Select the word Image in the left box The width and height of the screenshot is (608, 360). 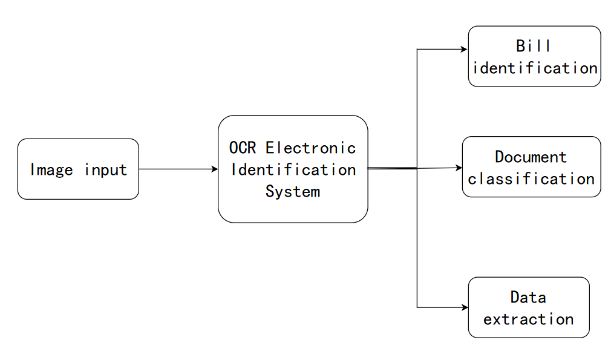pyautogui.click(x=51, y=169)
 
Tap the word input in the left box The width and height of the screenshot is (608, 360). pyautogui.click(x=106, y=170)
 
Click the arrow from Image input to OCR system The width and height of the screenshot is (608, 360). pyautogui.click(x=178, y=169)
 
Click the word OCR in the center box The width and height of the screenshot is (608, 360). pyautogui.click(x=243, y=148)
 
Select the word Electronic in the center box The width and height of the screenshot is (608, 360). pyautogui.click(x=311, y=148)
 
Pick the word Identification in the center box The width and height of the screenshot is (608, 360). pyautogui.click(x=293, y=170)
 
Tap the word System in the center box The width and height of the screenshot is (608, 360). pyautogui.click(x=293, y=192)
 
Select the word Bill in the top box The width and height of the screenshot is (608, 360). pyautogui.click(x=534, y=46)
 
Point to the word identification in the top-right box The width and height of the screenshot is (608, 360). pyautogui.click(x=535, y=68)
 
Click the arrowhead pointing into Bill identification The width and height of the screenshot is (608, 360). pyautogui.click(x=465, y=50)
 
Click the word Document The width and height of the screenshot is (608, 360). pyautogui.click(x=531, y=157)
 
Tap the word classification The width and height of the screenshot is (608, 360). pyautogui.click(x=531, y=179)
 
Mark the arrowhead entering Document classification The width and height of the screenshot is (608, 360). pyautogui.click(x=459, y=168)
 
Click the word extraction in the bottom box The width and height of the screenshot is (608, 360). pyautogui.click(x=529, y=319)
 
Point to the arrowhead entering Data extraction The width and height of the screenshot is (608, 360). pyautogui.click(x=465, y=307)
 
